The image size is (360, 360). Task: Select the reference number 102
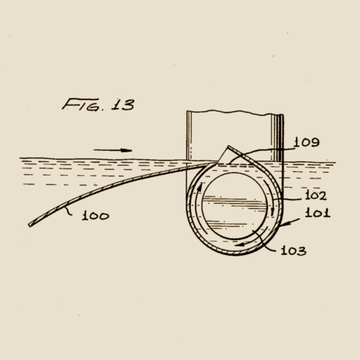tap(315, 195)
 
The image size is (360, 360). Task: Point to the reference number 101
tap(316, 212)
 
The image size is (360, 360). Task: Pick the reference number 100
tap(94, 215)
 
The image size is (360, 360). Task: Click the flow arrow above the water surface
tap(113, 150)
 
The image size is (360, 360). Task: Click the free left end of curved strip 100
tap(30, 225)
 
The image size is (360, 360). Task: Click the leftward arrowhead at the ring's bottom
tap(242, 246)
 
